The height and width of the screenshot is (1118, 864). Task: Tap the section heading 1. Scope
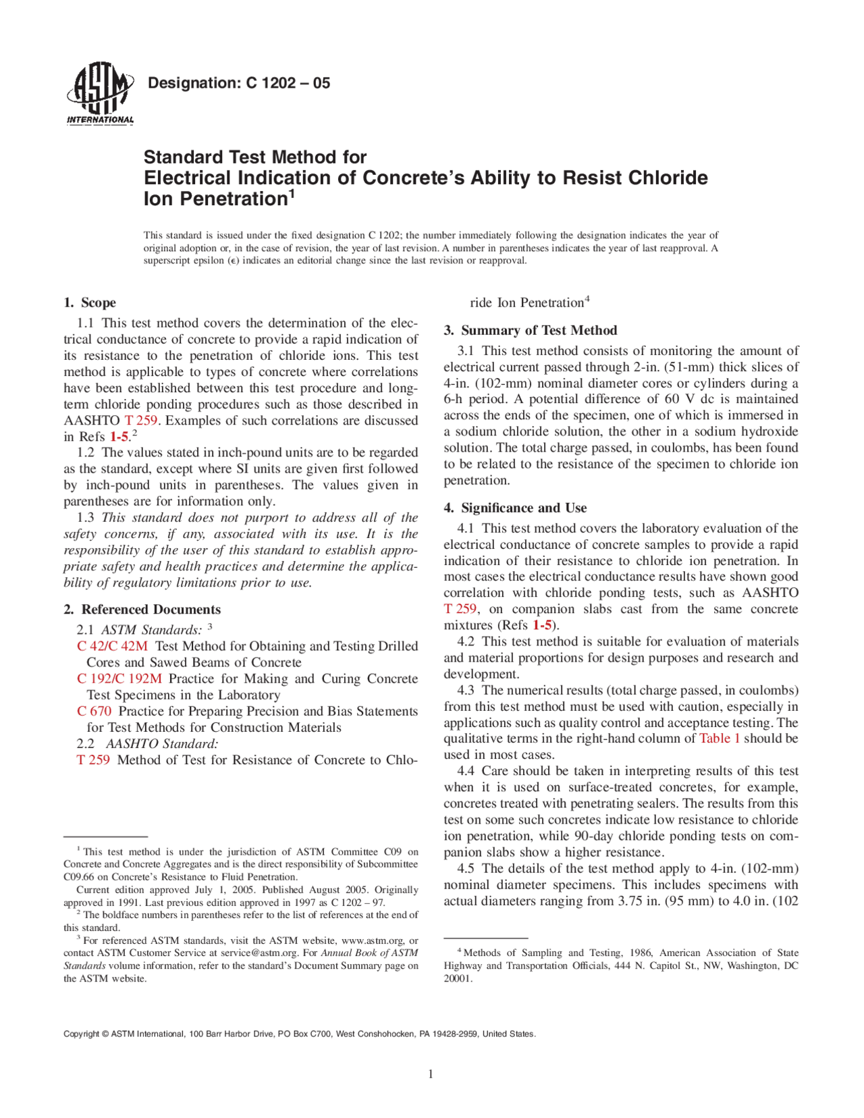coord(90,302)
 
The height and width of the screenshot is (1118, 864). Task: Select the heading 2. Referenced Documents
coord(142,610)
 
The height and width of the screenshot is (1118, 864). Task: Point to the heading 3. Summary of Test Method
coord(531,330)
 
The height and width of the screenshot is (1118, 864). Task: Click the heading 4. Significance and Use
coord(516,508)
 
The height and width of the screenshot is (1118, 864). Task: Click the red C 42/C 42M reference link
coord(112,646)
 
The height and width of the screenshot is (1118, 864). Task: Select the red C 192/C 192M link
coord(119,678)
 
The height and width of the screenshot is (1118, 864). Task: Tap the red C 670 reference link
coord(94,711)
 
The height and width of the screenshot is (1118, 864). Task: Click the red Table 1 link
coord(720,739)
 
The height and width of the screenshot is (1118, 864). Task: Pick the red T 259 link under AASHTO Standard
coord(93,760)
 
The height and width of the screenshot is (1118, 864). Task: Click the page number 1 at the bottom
coord(431,1074)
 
